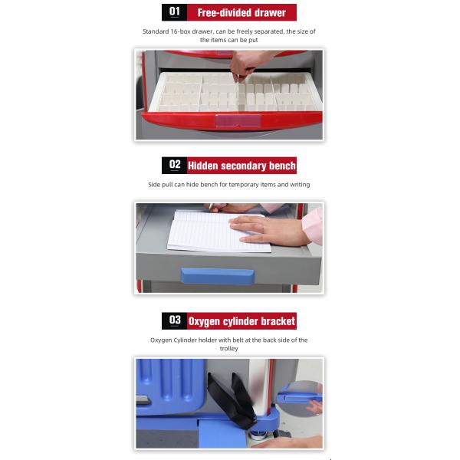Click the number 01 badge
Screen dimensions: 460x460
point(174,12)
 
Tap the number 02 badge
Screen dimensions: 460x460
point(174,165)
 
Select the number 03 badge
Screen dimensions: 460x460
point(174,320)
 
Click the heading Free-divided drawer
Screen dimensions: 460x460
point(242,12)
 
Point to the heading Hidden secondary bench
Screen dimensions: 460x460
point(242,166)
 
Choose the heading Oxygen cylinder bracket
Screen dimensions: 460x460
point(242,321)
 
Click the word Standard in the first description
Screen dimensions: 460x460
point(156,31)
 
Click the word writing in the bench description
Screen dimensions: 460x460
point(300,185)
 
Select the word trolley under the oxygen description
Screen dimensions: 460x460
point(228,349)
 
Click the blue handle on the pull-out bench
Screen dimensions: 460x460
point(217,276)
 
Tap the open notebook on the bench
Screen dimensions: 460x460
point(219,232)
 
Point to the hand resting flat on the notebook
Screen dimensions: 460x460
point(268,230)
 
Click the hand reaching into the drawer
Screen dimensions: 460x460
point(246,65)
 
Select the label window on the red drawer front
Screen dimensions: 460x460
point(238,120)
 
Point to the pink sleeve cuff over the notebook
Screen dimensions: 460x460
point(313,226)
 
